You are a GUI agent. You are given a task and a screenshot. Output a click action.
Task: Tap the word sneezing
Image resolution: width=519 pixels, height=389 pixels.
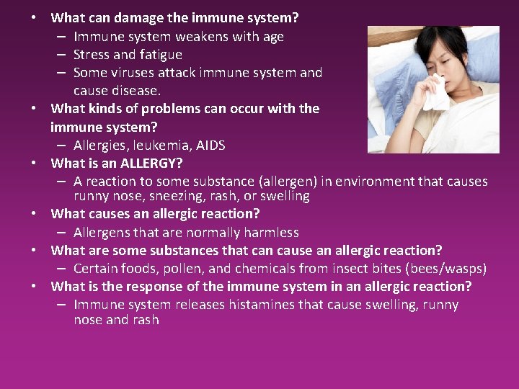pyautogui.click(x=174, y=196)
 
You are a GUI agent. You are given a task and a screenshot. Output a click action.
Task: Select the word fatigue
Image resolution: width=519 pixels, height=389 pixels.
pyautogui.click(x=159, y=54)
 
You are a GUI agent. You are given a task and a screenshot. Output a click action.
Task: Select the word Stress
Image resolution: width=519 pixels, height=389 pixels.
pyautogui.click(x=92, y=54)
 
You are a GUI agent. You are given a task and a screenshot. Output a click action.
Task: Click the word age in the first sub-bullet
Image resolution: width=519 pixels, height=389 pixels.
pyautogui.click(x=270, y=36)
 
